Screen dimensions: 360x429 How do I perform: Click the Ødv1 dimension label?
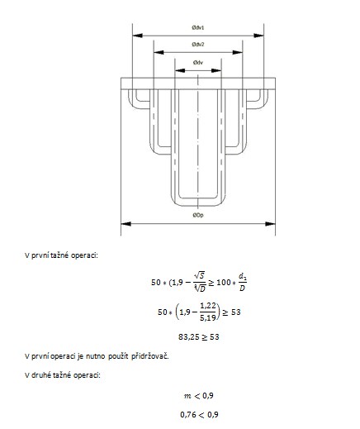tap(198, 27)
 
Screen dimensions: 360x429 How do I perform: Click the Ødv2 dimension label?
tap(198, 45)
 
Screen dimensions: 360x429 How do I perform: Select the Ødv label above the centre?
tap(198, 63)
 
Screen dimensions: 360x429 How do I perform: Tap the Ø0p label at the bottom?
tap(198, 215)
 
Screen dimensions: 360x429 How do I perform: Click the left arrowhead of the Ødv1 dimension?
tap(138, 36)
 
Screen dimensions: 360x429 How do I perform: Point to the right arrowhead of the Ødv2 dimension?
tap(238, 52)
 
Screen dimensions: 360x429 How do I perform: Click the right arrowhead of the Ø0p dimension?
tap(270, 224)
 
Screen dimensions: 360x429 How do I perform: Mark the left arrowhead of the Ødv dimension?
tap(180, 70)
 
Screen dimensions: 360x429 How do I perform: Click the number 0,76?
tap(187, 414)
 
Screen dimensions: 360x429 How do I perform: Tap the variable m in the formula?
tap(187, 397)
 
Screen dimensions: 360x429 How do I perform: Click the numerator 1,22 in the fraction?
tap(208, 306)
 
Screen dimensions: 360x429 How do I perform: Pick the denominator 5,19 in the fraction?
tap(208, 318)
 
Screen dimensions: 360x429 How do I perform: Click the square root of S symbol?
tap(199, 275)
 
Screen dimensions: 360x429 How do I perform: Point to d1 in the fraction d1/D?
tap(242, 276)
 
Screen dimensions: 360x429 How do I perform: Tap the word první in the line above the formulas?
tap(40, 255)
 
